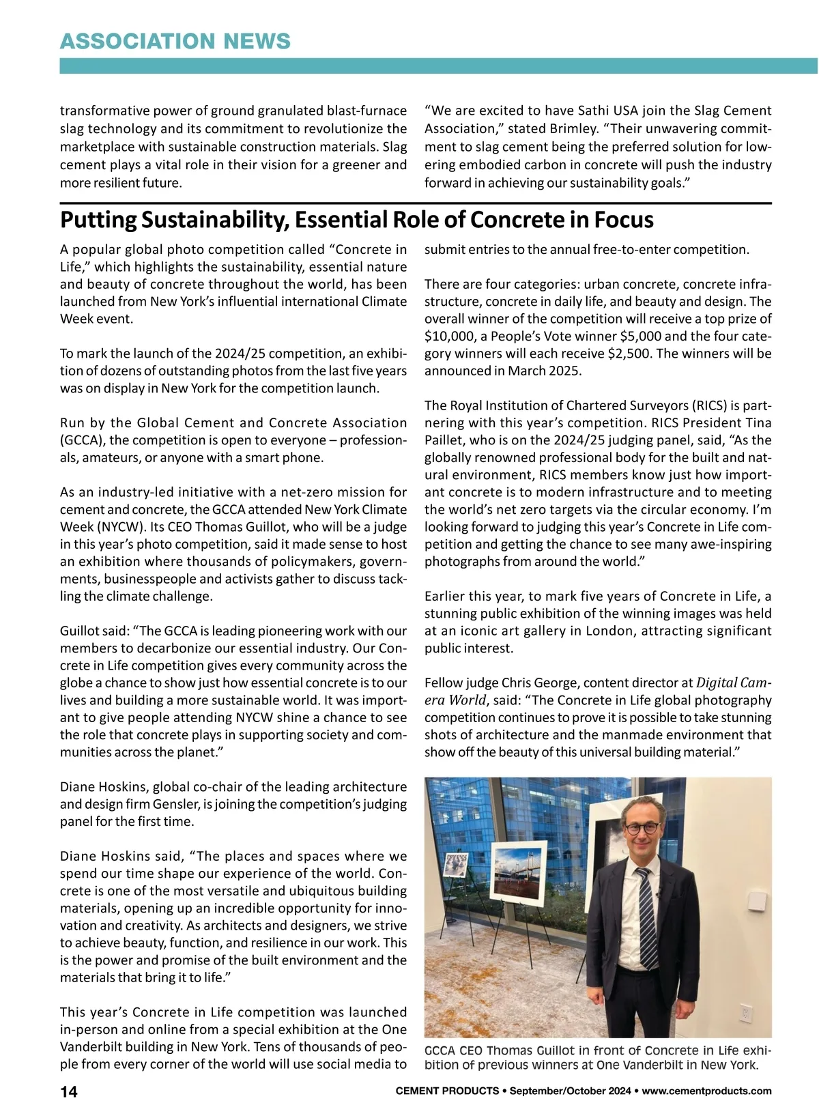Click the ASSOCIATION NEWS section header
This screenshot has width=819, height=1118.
pyautogui.click(x=175, y=42)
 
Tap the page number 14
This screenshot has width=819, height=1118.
pyautogui.click(x=69, y=1091)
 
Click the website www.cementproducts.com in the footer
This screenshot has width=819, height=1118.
pyautogui.click(x=706, y=1091)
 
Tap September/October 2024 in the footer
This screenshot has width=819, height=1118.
pyautogui.click(x=569, y=1091)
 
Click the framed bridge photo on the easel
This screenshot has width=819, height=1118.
pyautogui.click(x=518, y=874)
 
